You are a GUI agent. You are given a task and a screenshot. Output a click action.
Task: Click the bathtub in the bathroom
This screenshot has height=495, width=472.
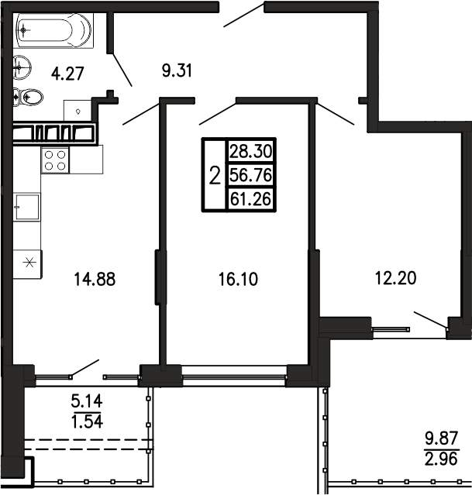pos(53,30)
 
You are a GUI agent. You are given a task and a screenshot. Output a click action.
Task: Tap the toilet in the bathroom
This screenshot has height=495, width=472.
pos(28,97)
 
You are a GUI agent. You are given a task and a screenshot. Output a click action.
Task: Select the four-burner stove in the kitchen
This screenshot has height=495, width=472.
pos(55,160)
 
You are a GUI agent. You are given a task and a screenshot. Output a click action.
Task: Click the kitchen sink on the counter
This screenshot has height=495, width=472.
pos(27,207)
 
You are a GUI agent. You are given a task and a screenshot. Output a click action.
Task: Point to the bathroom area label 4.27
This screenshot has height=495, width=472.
pos(67,74)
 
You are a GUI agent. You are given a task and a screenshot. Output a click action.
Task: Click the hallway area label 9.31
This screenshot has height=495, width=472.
pos(177,70)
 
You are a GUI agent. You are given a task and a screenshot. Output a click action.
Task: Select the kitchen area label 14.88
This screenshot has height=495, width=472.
pos(95,280)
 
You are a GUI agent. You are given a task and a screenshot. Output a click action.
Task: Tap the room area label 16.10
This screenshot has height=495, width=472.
pos(238,280)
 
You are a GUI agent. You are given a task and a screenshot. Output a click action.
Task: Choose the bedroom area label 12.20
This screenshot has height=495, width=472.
pos(395,278)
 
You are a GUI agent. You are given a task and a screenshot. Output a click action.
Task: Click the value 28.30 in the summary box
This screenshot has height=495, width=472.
pos(251,152)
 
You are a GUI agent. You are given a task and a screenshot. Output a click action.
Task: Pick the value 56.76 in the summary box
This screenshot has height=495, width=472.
pos(251,175)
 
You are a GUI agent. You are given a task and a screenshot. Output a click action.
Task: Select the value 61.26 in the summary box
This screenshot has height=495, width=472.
pos(251,199)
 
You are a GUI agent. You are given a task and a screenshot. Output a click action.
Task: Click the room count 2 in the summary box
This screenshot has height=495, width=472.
pos(215,176)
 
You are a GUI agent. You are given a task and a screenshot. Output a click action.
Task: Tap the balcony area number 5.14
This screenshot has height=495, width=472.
pos(87,402)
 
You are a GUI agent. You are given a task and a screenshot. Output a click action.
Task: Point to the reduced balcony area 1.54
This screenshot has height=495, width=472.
pos(87,421)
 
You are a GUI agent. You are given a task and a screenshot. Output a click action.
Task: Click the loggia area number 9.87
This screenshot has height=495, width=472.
pos(441,438)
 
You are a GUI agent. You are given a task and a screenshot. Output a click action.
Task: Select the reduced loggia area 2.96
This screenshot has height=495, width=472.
pos(441,459)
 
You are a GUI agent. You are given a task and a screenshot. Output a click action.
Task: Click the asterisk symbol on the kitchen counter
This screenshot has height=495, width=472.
pos(29,262)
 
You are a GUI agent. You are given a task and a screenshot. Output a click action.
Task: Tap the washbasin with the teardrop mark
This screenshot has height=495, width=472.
pos(77,111)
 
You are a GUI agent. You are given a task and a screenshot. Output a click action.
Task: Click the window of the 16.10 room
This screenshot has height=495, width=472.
pos(234,376)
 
